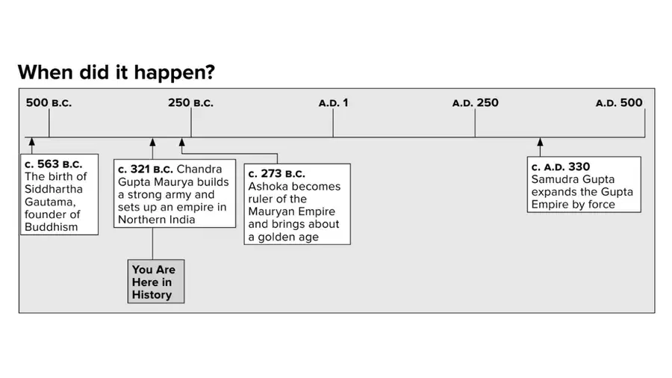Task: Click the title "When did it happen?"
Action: [116, 72]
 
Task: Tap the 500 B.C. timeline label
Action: [49, 103]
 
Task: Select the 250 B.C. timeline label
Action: [190, 103]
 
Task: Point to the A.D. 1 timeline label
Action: [334, 103]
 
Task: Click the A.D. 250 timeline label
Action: [476, 103]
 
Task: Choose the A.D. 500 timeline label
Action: [619, 103]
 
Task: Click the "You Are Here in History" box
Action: [156, 282]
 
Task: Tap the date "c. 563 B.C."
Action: [53, 164]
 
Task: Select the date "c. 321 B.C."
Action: [146, 170]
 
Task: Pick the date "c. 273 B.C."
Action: [277, 173]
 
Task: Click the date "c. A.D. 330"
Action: [561, 167]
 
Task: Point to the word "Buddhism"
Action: [51, 227]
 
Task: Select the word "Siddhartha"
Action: [54, 189]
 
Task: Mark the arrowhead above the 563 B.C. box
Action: [31, 142]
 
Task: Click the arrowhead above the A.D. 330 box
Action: [540, 142]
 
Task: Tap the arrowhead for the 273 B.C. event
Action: [181, 142]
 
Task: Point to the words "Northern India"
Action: [157, 220]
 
